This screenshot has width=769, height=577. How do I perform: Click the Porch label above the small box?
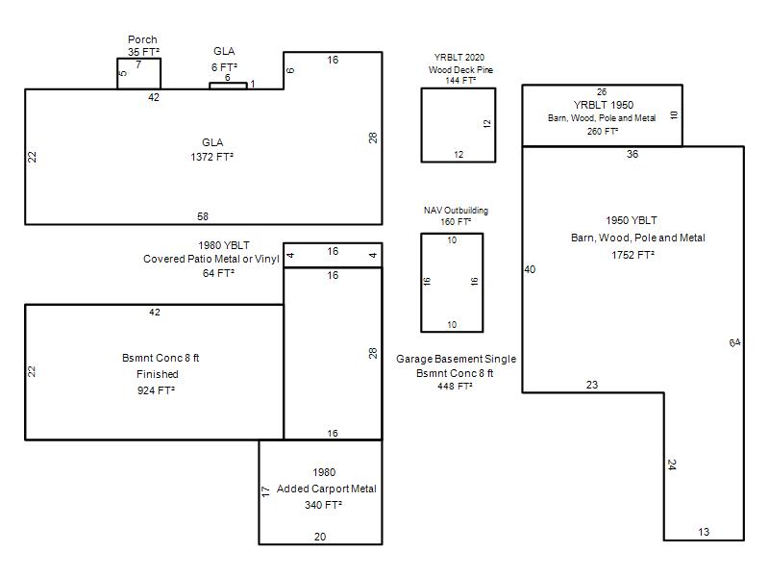(x=142, y=39)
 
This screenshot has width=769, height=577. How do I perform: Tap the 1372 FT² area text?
(x=211, y=157)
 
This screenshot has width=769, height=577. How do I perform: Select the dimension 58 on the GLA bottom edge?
(x=203, y=216)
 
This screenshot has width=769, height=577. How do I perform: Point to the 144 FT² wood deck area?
(x=460, y=81)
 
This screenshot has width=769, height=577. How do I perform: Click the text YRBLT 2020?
(x=459, y=58)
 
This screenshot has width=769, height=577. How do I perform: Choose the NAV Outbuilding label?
(x=456, y=211)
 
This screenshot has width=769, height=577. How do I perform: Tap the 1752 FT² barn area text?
(x=633, y=255)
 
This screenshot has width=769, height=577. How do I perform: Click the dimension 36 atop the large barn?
(x=633, y=154)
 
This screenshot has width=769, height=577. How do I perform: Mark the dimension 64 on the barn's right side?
(x=734, y=342)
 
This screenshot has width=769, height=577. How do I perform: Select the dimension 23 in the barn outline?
(x=592, y=385)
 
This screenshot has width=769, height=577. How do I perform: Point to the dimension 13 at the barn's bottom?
(x=704, y=532)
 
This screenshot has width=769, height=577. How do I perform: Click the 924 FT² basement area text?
(x=156, y=390)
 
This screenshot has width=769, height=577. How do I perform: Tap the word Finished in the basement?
(x=157, y=374)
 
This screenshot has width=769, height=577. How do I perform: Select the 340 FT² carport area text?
(x=323, y=505)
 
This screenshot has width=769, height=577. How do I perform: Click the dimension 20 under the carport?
(x=320, y=537)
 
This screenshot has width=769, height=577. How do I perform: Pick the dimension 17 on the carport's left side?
(x=266, y=491)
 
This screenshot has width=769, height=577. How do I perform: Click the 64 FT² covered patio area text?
(x=218, y=273)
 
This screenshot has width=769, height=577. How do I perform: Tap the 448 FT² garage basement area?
(x=455, y=387)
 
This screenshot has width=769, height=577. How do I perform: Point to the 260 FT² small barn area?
(x=603, y=132)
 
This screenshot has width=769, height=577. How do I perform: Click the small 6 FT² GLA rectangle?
(x=228, y=86)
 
